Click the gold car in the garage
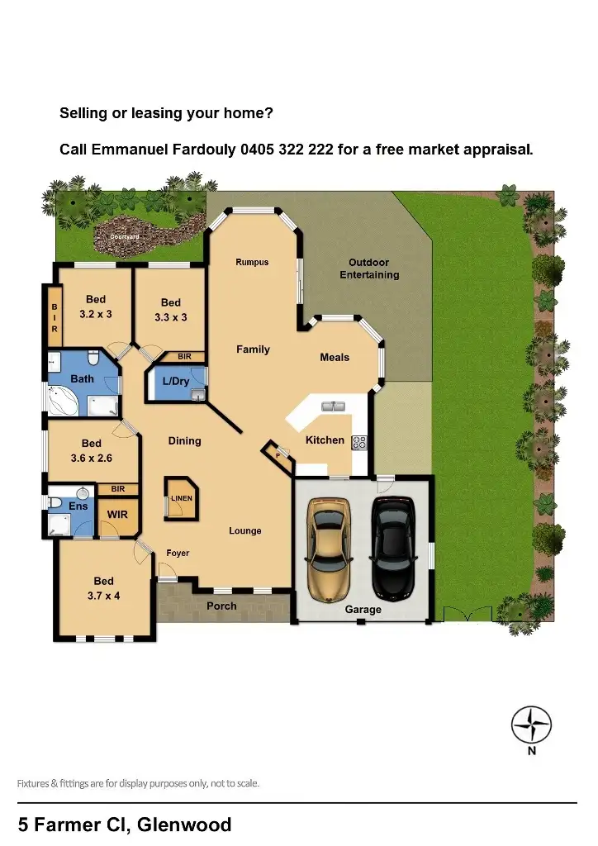pos(329,549)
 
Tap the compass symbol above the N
pos(531,725)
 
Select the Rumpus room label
pos(252,263)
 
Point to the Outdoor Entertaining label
pos(369,269)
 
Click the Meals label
pos(335,358)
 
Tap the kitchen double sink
pos(333,406)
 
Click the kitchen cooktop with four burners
pos(359,442)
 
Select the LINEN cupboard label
pos(182,499)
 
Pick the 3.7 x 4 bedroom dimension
pos(103,595)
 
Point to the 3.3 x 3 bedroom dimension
pos(170,317)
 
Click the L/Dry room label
pos(175,382)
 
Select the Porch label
pos(221,606)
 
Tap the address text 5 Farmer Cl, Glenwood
pos(125,824)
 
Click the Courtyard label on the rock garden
pos(125,237)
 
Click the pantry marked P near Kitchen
pos(278,455)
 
